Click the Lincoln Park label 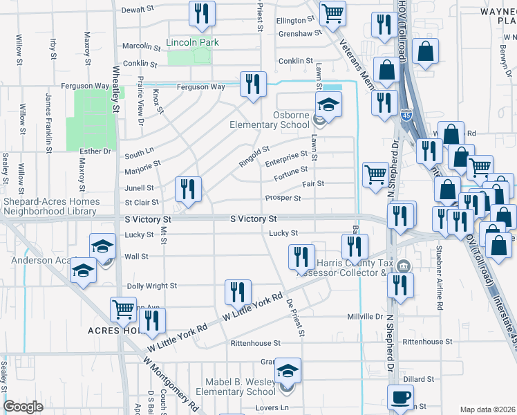pyautogui.click(x=192, y=43)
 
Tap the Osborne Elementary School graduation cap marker pyautogui.click(x=329, y=105)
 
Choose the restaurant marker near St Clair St pyautogui.click(x=188, y=188)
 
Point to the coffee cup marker pyautogui.click(x=400, y=398)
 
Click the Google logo pyautogui.click(x=23, y=407)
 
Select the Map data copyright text pyautogui.click(x=487, y=409)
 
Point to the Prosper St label pyautogui.click(x=283, y=199)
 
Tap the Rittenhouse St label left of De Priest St pyautogui.click(x=256, y=343)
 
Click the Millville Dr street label pyautogui.click(x=364, y=317)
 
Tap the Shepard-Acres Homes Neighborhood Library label pyautogui.click(x=52, y=206)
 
